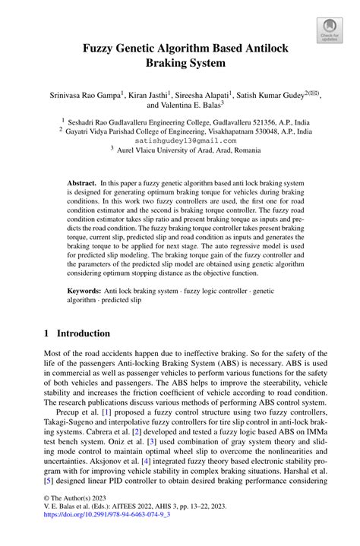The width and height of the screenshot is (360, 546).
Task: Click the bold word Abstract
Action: (x=81, y=184)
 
